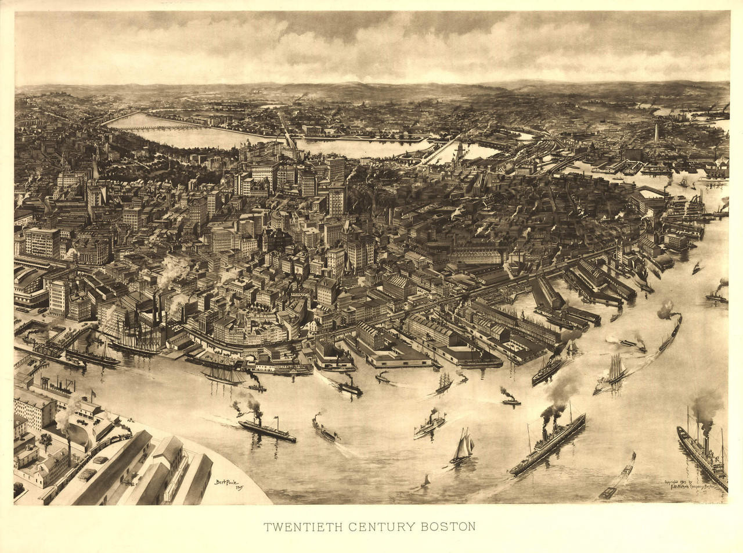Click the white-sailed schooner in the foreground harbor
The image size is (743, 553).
[463, 447]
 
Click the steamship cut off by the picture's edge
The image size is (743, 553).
[702, 453]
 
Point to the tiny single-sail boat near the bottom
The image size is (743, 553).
[427, 480]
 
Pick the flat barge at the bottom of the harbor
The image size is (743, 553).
[608, 493]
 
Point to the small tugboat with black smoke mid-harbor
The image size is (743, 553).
[510, 400]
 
